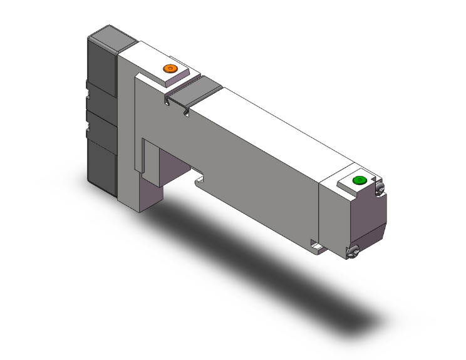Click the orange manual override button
pyautogui.click(x=168, y=68)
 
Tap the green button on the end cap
pyautogui.click(x=359, y=181)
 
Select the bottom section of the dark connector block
pyautogui.click(x=103, y=163)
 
